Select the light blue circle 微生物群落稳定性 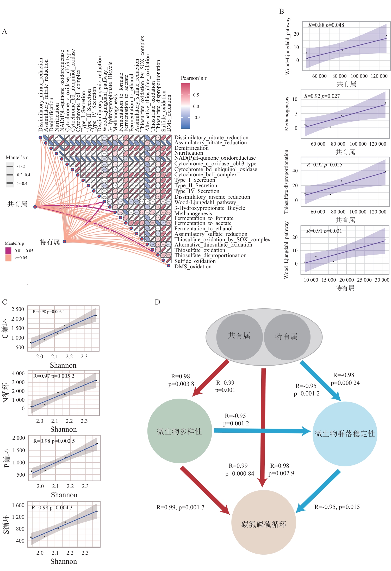point(345,433)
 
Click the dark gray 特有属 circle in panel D point(287,337)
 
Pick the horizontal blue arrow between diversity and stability point(262,431)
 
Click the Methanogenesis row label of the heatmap point(193,213)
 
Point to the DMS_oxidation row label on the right point(193,267)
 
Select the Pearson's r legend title point(194,78)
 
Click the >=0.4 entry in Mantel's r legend point(22,183)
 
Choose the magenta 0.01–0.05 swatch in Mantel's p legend point(8,251)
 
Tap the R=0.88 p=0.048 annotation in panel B point(326,25)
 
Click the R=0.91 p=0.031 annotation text point(324,231)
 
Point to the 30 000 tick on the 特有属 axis point(382,280)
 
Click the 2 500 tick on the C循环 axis point(18,309)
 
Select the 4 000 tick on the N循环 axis point(18,373)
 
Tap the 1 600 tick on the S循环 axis point(18,505)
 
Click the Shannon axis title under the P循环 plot point(64,495)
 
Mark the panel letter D point(157,302)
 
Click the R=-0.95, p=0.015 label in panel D point(337,507)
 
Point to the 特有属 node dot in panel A point(64,242)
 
